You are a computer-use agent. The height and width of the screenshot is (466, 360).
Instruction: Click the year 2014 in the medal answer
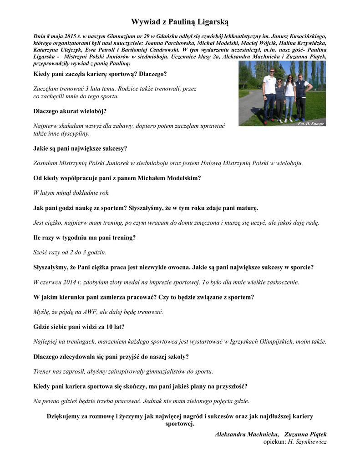point(67,282)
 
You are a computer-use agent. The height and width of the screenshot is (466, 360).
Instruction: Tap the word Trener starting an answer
point(42,371)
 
